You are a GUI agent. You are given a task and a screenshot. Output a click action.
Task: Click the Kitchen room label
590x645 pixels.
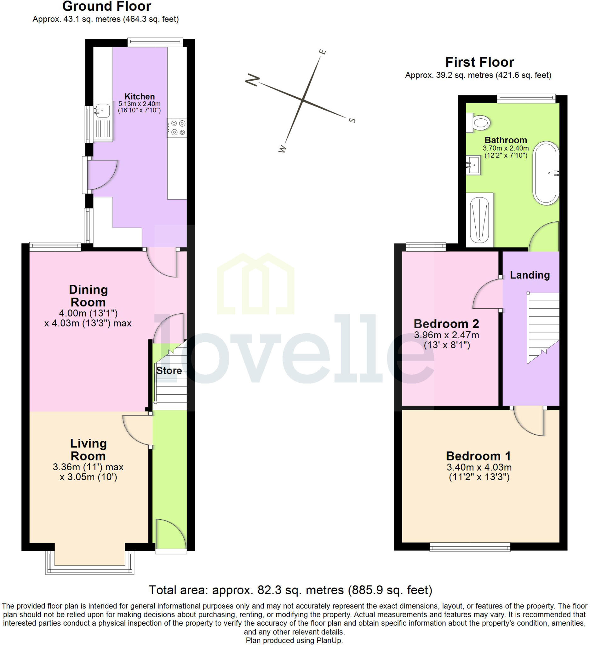point(140,96)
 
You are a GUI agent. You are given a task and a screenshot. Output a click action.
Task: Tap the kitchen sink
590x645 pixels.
point(103,121)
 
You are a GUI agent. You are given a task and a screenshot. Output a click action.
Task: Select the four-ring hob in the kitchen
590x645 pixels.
point(177,128)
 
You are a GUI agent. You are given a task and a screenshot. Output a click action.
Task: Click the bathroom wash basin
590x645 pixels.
point(473,165)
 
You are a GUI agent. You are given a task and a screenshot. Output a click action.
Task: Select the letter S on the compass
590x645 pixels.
point(352,120)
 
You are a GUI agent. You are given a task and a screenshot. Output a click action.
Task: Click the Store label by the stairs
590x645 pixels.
point(169,370)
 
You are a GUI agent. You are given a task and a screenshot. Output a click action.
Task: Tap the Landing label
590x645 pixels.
point(530,275)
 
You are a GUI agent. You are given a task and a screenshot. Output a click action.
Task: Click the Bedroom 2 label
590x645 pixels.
point(446,324)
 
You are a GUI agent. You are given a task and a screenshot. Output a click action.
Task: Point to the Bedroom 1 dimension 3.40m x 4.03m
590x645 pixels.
point(479,467)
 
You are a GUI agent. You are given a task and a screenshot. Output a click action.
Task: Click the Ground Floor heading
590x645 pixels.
point(106,6)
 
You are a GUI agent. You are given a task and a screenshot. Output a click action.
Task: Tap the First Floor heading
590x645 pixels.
point(479,62)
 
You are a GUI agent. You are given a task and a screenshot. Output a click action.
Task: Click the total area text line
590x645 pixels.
point(290,590)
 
